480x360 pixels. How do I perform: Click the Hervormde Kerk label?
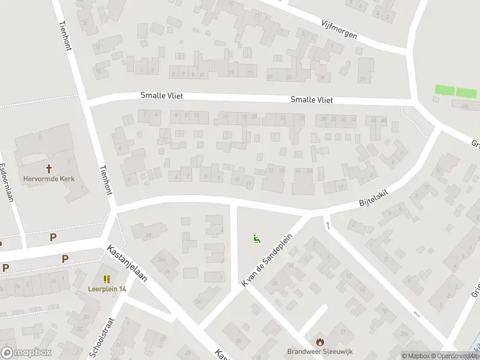point(49,178)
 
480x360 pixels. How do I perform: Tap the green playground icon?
point(257,239)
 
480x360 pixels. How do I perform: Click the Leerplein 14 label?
point(107,289)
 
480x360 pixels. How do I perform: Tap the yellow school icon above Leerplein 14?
point(107,279)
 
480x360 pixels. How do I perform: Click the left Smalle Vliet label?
point(161,95)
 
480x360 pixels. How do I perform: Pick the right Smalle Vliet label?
point(311,100)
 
